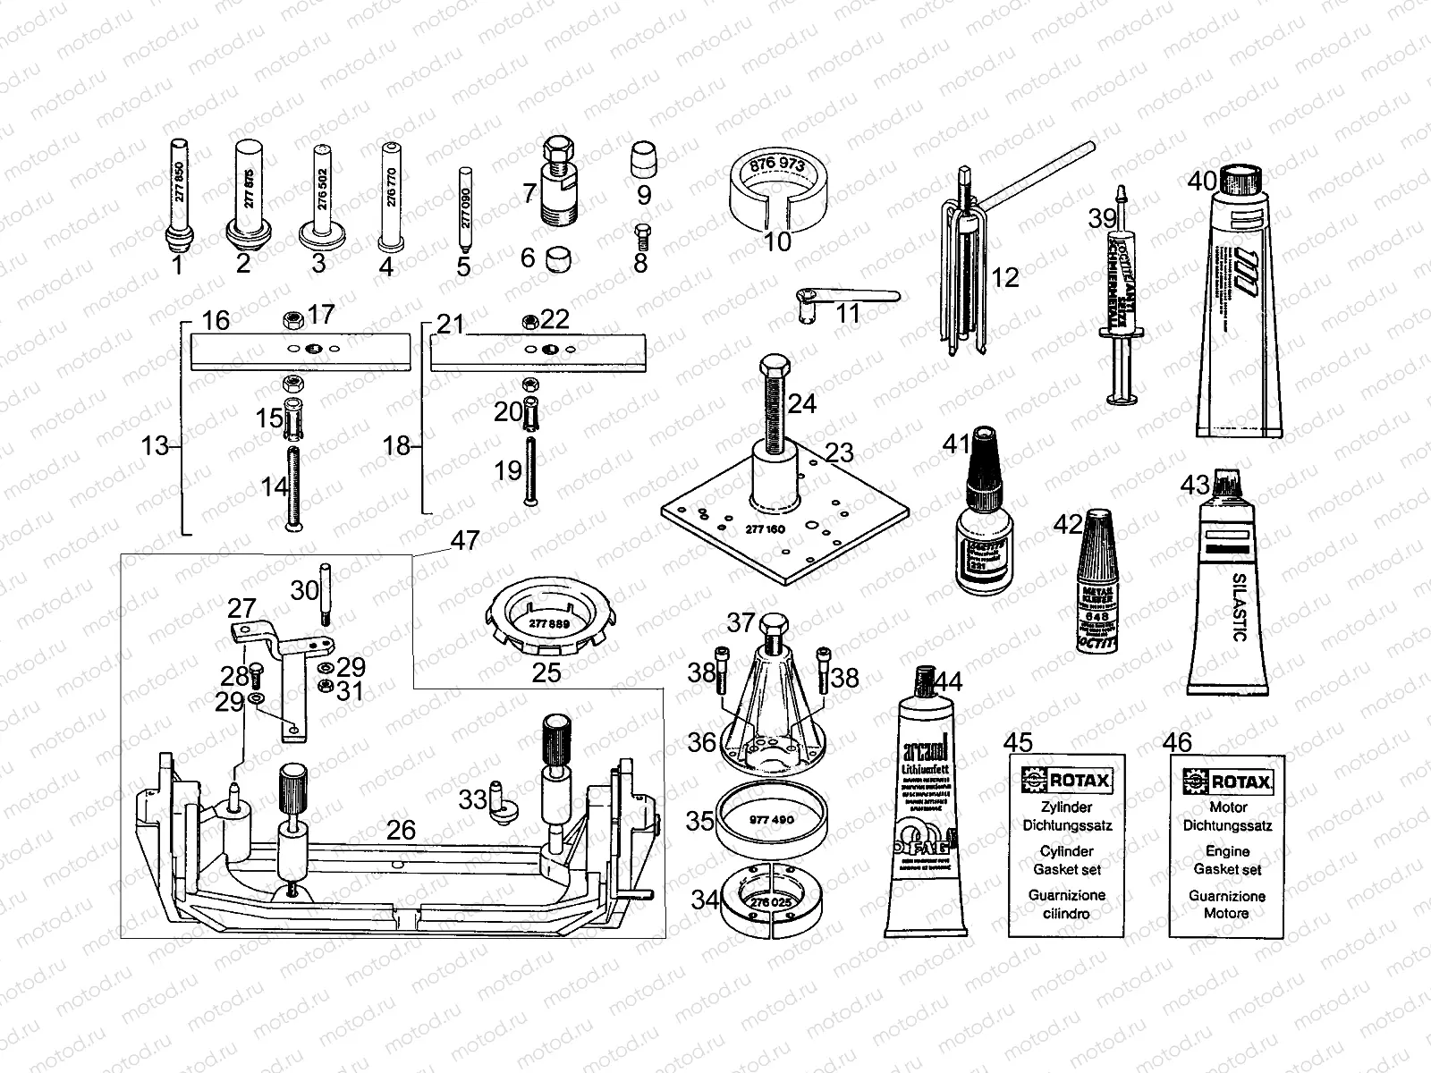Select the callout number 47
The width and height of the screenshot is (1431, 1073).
coord(465,540)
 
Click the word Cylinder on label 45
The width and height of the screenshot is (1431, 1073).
coord(1066,851)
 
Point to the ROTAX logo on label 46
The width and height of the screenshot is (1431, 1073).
coord(1227,782)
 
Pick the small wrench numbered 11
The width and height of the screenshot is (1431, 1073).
coord(845,297)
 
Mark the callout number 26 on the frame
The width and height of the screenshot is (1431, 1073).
coord(401,830)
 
